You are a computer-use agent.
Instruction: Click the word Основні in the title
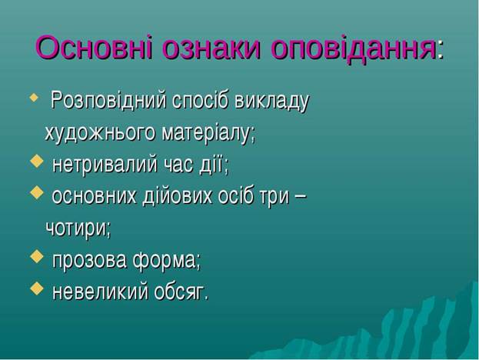click(x=93, y=48)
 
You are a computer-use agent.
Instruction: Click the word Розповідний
click(x=108, y=101)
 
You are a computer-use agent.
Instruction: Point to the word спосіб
click(x=200, y=100)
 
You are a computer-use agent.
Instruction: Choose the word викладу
click(x=272, y=102)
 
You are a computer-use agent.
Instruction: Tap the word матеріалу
click(x=208, y=134)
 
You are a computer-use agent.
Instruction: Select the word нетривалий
click(x=105, y=165)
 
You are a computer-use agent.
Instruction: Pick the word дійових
click(x=177, y=195)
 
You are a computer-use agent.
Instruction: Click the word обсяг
click(x=181, y=292)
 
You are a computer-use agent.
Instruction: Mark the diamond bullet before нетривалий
click(x=37, y=161)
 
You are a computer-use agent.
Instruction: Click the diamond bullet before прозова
click(x=37, y=256)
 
